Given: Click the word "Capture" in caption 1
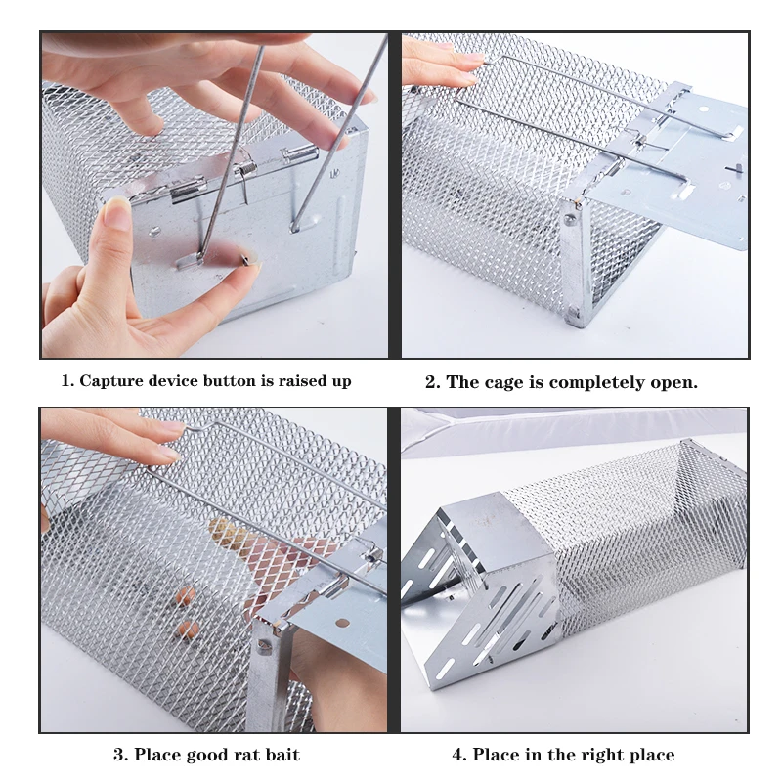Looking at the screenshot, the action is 110,381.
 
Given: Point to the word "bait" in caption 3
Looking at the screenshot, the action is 282,755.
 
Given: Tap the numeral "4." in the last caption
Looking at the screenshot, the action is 459,755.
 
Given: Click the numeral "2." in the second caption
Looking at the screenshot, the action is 433,382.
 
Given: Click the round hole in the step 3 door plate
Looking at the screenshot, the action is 342,623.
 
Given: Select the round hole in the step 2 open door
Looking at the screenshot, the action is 703,109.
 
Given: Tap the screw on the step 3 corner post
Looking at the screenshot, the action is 264,646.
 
